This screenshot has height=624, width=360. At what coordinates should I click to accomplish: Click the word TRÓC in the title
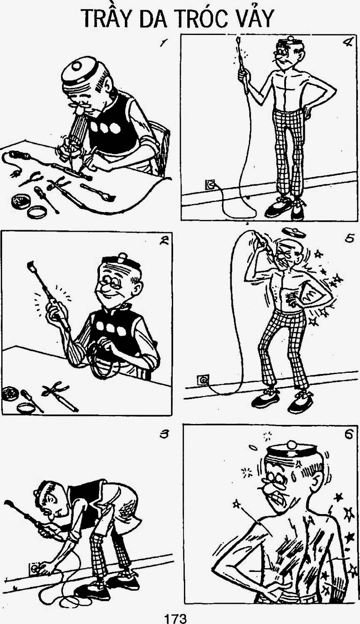tap(200, 19)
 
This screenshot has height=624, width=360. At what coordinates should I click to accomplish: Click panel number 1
tap(164, 43)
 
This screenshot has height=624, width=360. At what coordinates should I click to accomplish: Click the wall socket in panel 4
tap(210, 184)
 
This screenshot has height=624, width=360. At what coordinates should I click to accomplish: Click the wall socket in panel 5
tap(203, 380)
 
